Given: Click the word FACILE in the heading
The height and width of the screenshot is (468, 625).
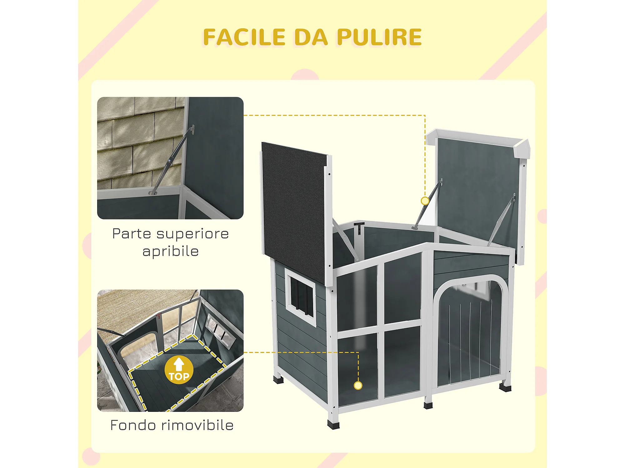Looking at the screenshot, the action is [x=244, y=37].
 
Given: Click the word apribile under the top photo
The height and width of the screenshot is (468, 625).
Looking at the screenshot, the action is [x=171, y=251].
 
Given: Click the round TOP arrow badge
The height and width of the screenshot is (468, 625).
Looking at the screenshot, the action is [x=179, y=370].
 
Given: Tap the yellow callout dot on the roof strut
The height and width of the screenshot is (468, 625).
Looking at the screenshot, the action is [x=425, y=201].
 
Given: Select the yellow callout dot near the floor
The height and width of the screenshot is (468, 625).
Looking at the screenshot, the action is [x=358, y=386].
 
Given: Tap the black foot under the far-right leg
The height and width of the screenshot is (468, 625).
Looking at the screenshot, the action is [x=505, y=388].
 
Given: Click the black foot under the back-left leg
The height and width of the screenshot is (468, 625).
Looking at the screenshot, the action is [x=278, y=380].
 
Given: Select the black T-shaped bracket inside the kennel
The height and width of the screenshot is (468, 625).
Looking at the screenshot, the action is [x=359, y=227].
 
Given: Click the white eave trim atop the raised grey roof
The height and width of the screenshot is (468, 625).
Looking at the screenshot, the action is [x=475, y=137].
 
